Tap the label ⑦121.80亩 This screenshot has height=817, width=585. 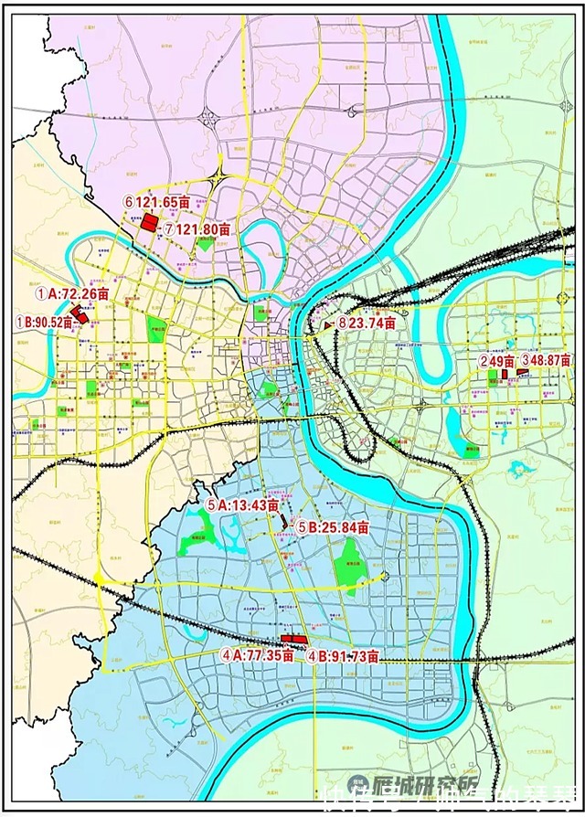197,228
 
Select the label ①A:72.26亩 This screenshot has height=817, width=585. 73,294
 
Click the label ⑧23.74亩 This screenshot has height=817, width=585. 366,323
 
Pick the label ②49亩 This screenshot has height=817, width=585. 498,361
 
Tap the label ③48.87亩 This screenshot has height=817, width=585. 546,361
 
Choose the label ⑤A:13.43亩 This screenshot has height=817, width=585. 241,505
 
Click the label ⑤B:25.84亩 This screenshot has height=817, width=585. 333,527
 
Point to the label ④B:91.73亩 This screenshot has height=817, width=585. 343,655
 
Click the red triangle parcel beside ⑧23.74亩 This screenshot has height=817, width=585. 328,324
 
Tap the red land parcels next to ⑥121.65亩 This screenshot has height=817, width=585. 148,223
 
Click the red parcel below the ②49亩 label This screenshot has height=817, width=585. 504,374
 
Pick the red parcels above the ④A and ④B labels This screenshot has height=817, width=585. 292,637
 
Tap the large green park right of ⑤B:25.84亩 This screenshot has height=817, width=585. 347,562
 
